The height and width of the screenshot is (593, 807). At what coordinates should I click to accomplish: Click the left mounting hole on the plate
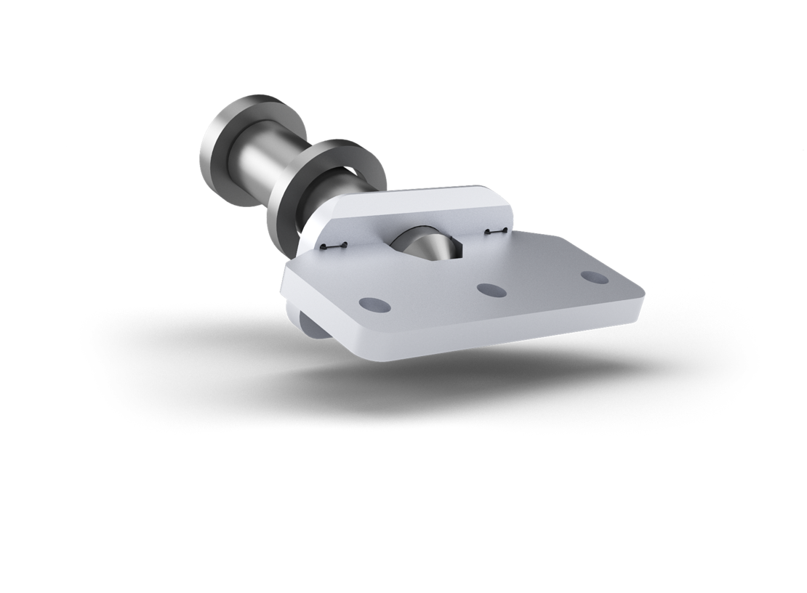(x=374, y=304)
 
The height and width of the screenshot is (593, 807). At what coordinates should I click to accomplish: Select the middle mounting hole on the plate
(x=491, y=290)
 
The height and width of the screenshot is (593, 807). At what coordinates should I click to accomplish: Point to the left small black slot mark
(x=333, y=247)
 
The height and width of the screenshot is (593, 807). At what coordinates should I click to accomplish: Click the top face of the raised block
(x=422, y=199)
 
